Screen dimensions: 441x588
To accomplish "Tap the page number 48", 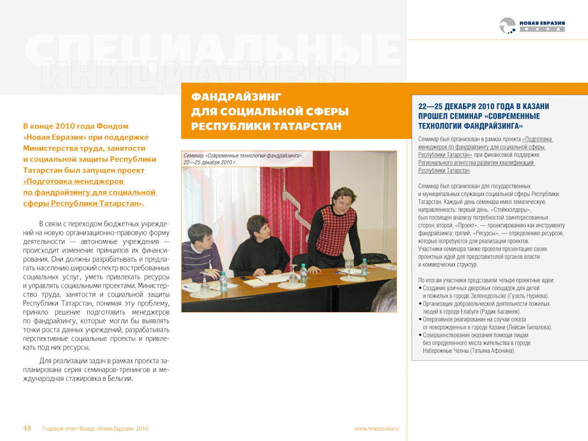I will tap(27, 428).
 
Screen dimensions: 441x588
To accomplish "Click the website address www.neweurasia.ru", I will tap(377, 428).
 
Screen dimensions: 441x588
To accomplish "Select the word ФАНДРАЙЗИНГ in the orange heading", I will tap(236, 97).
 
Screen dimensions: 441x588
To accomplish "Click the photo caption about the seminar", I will tap(243, 158).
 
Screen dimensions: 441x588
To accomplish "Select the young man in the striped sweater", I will tap(201, 252).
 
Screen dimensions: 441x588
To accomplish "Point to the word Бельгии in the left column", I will tap(118, 379).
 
